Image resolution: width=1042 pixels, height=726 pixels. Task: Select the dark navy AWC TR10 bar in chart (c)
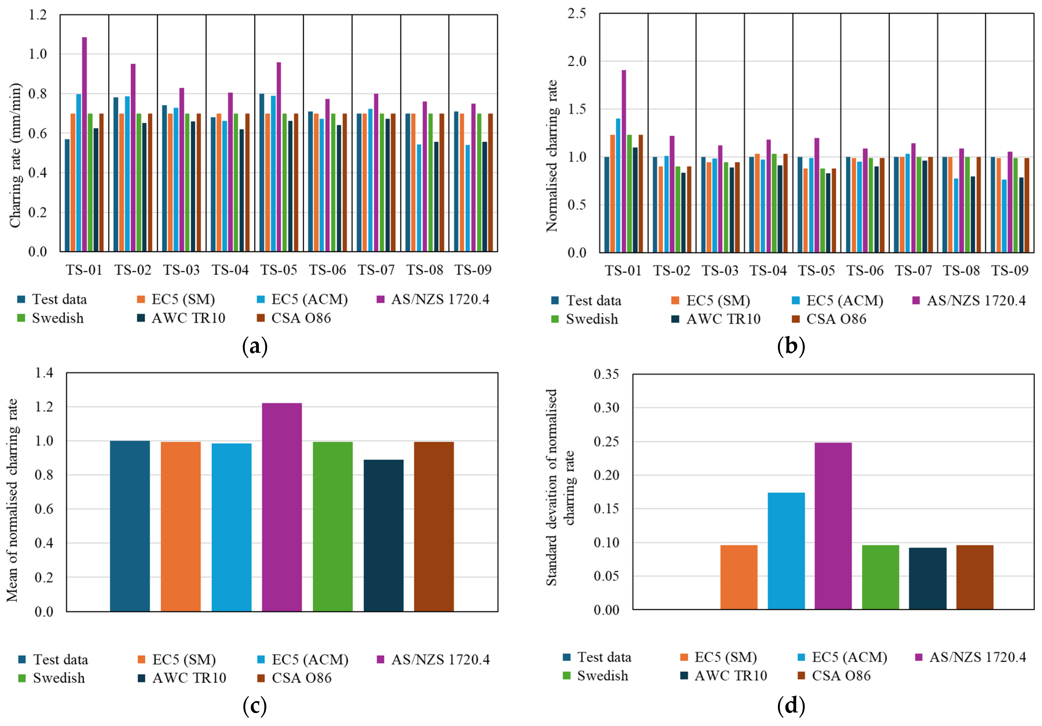coord(384,536)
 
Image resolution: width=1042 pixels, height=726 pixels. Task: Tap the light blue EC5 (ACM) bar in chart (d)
coord(786,551)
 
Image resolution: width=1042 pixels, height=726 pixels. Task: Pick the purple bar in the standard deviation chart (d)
coord(833,526)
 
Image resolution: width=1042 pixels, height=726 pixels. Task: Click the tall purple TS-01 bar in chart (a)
coord(84,144)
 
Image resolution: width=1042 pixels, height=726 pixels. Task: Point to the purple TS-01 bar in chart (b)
coord(624,161)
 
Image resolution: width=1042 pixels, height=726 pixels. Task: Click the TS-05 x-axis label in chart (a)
coord(279,270)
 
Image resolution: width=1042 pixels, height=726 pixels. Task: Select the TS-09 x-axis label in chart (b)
coord(1009,271)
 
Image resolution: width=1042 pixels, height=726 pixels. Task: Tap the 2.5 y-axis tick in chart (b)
coord(577,13)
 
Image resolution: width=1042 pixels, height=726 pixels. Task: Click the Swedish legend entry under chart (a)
coord(51,318)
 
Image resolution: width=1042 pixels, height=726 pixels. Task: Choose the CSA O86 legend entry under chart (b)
coord(829,319)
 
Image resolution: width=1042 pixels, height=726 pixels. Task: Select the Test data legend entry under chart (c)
coord(53,659)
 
